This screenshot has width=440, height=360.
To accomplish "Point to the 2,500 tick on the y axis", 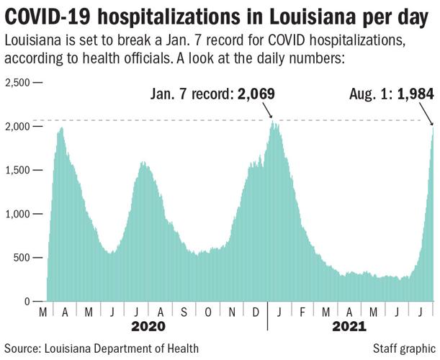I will tap(17, 83).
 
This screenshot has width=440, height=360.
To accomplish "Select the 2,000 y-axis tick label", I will tap(17, 127).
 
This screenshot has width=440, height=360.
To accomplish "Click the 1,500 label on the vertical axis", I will tap(17, 171).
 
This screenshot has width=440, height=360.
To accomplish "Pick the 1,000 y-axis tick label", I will tap(17, 214).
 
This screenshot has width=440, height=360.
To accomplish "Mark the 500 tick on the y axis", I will tap(22, 258).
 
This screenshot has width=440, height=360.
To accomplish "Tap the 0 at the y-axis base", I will tap(28, 302).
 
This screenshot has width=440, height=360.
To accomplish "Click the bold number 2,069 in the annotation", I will tap(255, 94).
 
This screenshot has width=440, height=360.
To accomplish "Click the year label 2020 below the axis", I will tap(149, 328).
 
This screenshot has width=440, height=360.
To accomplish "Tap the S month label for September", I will tap(184, 312).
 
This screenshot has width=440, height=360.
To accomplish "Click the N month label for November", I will tap(231, 312).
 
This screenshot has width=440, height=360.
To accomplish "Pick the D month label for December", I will tap(255, 312).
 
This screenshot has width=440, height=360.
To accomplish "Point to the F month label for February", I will tap(303, 312).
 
